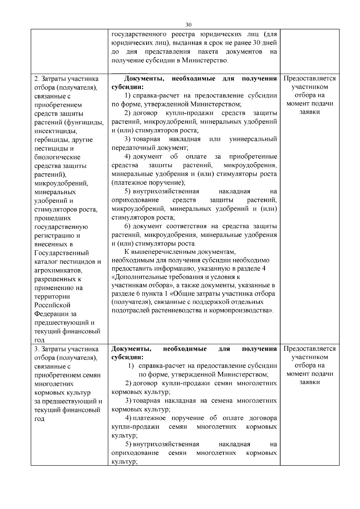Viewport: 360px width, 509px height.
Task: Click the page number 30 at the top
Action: (188, 25)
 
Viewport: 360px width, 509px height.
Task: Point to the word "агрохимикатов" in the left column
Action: (58, 270)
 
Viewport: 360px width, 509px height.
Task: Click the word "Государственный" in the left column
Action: (61, 253)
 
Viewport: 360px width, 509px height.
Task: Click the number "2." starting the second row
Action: (37, 79)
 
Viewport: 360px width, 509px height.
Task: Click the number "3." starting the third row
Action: (37, 349)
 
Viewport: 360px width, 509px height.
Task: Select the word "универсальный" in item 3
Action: (253, 139)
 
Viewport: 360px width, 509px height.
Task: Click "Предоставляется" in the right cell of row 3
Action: (310, 349)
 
